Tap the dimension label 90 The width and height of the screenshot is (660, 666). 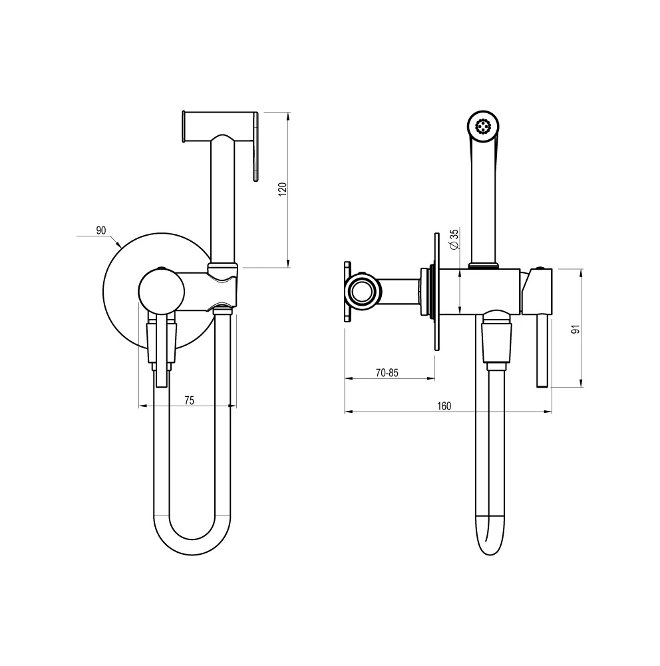click(101, 230)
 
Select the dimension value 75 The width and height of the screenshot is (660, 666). click(190, 400)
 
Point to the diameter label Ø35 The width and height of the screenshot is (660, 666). click(454, 239)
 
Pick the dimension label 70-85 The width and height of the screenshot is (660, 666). click(387, 373)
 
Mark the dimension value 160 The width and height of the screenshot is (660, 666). click(444, 406)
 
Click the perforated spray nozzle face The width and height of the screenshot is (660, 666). click(482, 126)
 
